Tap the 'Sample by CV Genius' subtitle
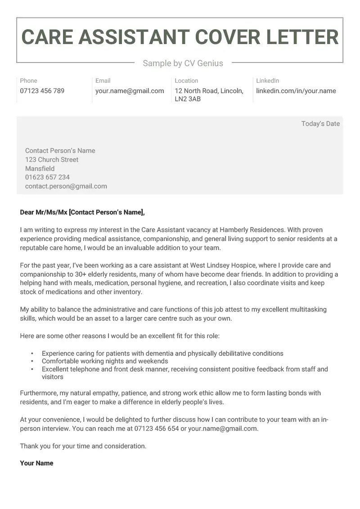click(x=183, y=63)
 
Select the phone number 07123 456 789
click(x=42, y=91)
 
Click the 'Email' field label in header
click(x=103, y=80)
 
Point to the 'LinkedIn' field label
click(x=267, y=80)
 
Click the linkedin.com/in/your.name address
click(x=296, y=91)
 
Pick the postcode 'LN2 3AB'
click(x=188, y=99)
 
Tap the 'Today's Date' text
click(x=320, y=124)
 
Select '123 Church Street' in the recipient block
click(x=52, y=160)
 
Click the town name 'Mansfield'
click(x=40, y=169)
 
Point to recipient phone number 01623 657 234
click(x=47, y=177)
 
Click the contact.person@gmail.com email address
click(x=66, y=186)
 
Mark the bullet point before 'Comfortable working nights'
click(x=32, y=361)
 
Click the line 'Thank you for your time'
click(x=83, y=446)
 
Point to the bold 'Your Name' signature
click(x=36, y=463)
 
